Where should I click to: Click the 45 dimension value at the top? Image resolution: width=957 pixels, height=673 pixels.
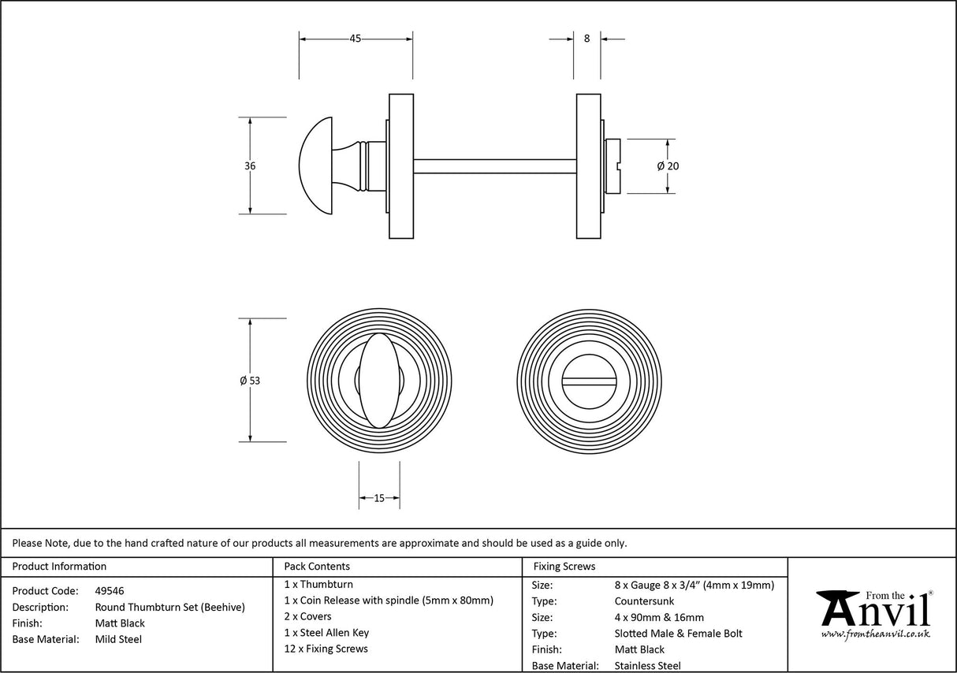coord(356,39)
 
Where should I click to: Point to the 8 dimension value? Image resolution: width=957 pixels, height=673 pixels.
coord(586,38)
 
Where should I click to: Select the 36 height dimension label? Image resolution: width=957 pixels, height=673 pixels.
coord(250,166)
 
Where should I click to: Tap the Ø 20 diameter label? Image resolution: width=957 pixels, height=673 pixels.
coord(668,166)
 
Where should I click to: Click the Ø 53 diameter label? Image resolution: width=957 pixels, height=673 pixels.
coord(250,381)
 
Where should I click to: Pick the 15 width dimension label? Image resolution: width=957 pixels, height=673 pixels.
coord(379,498)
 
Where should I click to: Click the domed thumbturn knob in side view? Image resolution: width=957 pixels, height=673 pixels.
coord(318,165)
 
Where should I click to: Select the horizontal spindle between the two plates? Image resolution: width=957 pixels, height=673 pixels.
coord(494,166)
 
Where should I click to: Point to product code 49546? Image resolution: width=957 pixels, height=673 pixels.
coord(110,590)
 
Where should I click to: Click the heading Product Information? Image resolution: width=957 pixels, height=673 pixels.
coord(59,567)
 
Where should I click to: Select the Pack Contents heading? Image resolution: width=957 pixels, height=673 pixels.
coord(317,567)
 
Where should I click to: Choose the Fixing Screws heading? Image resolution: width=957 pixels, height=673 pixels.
coord(564,567)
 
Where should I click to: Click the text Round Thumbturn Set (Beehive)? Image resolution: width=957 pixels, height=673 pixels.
coord(169,607)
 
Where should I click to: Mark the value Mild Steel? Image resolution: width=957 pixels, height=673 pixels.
coord(118,639)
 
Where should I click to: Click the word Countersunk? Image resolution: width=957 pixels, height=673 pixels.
coord(644,601)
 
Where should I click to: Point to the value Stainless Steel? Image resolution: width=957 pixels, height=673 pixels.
coord(647,666)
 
